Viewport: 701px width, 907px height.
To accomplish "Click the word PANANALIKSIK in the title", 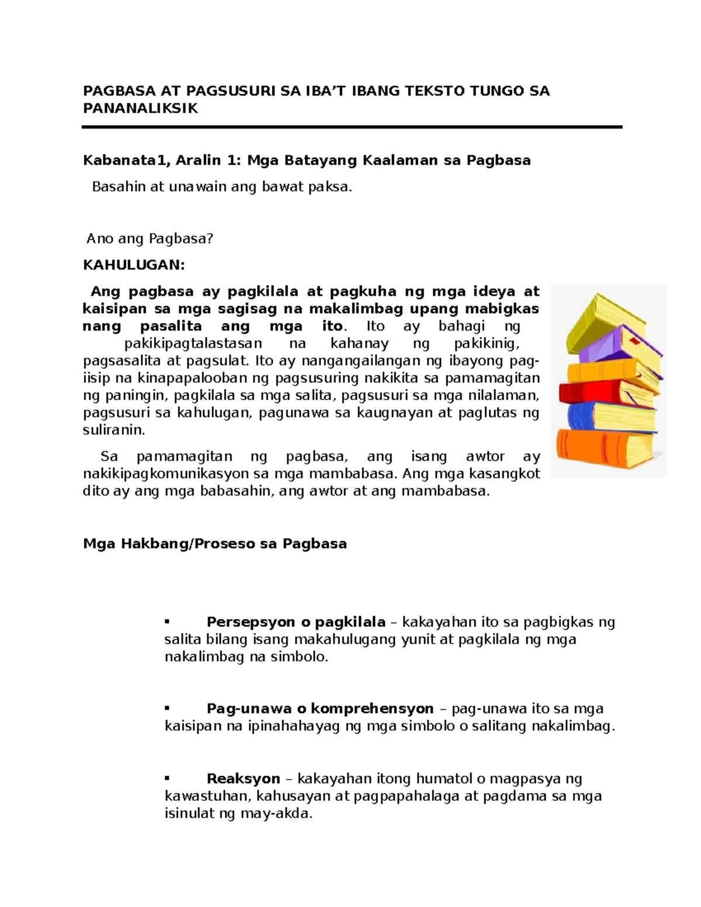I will coord(140,108).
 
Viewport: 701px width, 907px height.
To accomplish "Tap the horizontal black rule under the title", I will coord(352,127).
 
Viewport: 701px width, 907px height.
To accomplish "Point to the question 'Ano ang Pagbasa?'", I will coord(150,238).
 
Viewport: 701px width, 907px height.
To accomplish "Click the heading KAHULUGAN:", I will coord(134,265).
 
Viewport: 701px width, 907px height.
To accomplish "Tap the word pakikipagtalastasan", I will coord(193,343).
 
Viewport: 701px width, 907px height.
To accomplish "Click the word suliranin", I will coord(112,430).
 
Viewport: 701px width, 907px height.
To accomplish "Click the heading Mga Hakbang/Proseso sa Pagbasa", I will coord(215,544).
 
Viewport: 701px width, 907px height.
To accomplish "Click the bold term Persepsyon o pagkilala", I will coord(296,621).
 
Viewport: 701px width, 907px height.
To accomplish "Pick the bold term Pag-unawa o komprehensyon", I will coord(320,708).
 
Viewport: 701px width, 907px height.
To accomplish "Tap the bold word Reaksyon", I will coord(244,779).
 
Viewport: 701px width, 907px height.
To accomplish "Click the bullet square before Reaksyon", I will coord(167,778).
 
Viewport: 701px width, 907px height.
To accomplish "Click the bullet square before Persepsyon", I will coord(167,621).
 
